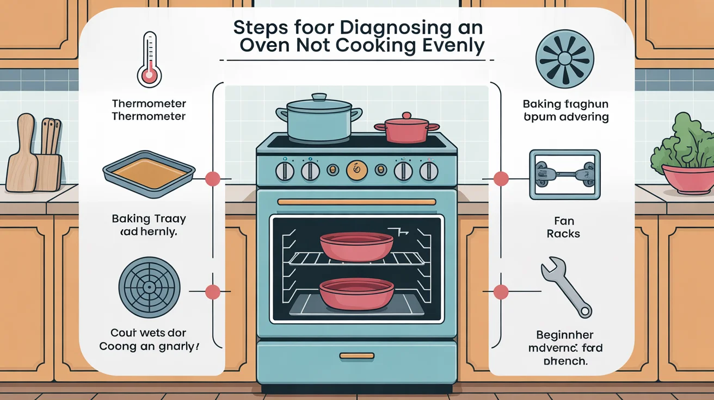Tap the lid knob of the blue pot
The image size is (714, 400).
[x=319, y=97]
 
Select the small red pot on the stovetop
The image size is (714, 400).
[x=407, y=129]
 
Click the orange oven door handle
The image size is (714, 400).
[x=356, y=202]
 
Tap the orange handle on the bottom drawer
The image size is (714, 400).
[x=356, y=356]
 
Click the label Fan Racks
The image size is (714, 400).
[x=564, y=228]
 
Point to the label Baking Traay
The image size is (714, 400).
[x=149, y=219]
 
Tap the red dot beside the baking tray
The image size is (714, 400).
[x=212, y=178]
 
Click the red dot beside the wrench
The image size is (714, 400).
[x=501, y=292]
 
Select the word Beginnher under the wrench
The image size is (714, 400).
[x=565, y=335]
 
